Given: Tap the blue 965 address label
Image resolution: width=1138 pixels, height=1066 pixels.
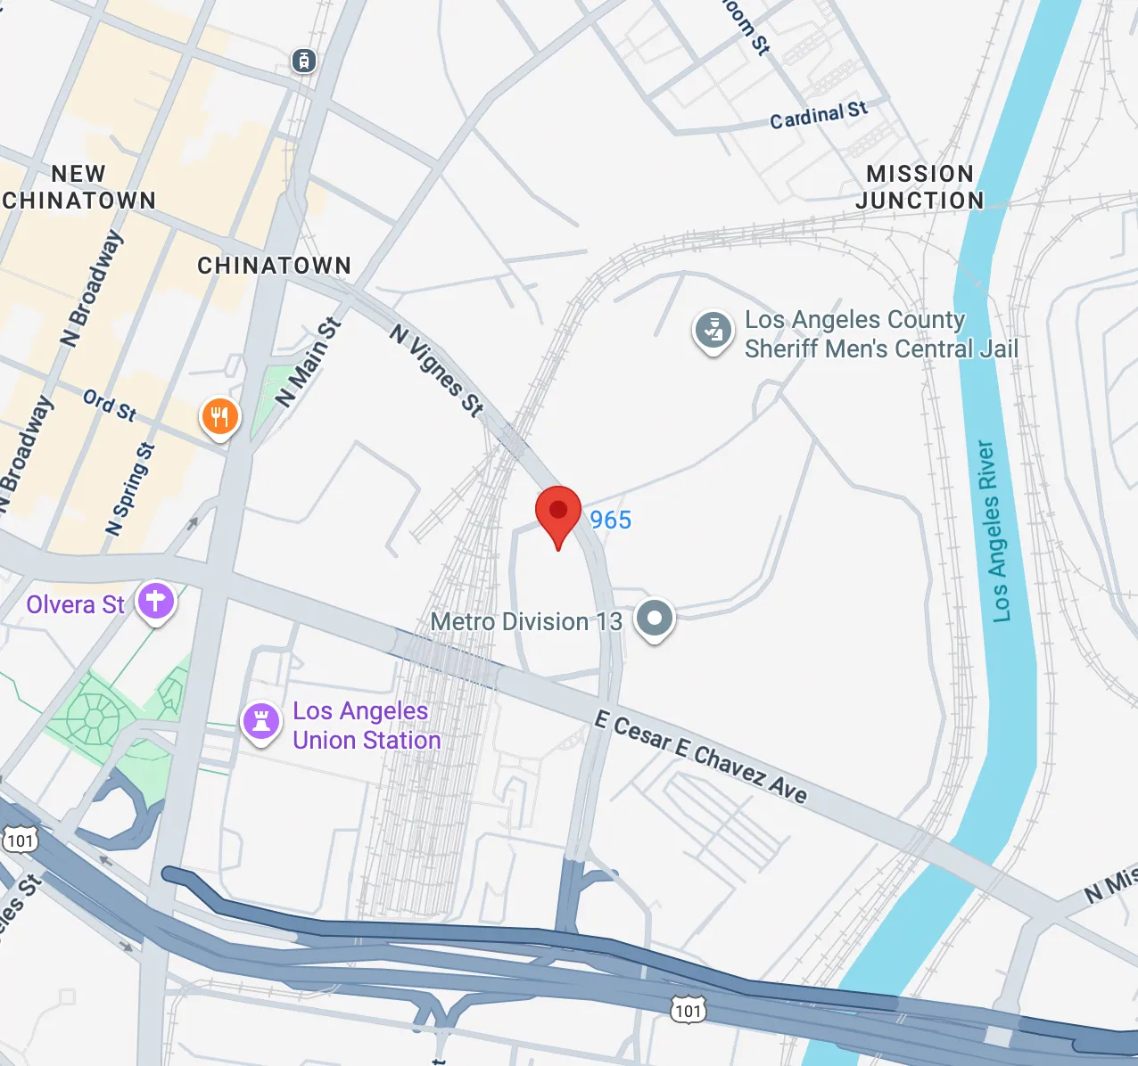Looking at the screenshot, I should [x=610, y=520].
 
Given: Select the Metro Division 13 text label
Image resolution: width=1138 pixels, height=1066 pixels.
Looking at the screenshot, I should [x=526, y=621].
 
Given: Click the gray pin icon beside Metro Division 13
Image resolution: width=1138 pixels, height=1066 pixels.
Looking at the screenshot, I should [x=655, y=618].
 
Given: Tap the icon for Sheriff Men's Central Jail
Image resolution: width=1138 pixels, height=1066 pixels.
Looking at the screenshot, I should [x=713, y=332].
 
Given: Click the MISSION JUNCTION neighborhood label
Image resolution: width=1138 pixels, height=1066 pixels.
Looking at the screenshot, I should [x=919, y=187].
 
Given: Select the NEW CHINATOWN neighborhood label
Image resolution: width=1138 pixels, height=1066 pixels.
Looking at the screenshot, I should [x=79, y=187].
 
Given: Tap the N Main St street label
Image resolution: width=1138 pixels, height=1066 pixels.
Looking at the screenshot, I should [x=309, y=363].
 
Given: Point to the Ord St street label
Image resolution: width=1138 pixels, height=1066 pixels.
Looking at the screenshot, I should [x=110, y=405].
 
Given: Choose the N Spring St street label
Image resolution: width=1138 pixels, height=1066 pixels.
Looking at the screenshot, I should [x=130, y=489].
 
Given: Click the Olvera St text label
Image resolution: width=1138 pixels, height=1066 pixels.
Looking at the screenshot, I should [x=75, y=604].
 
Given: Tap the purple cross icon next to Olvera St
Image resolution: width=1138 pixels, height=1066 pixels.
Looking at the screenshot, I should [x=156, y=602].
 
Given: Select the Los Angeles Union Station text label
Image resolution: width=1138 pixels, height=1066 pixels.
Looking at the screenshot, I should [x=366, y=726].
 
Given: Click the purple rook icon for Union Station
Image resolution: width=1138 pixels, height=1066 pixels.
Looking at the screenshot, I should [x=261, y=721].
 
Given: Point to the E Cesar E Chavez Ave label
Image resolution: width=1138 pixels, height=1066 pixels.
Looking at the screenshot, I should [x=701, y=757].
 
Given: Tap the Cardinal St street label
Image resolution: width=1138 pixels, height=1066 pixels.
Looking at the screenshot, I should [x=818, y=115].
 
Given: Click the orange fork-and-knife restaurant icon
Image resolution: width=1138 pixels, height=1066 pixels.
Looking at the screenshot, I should [x=219, y=416].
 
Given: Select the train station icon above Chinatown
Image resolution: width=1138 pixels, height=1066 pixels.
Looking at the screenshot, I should [x=304, y=61].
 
